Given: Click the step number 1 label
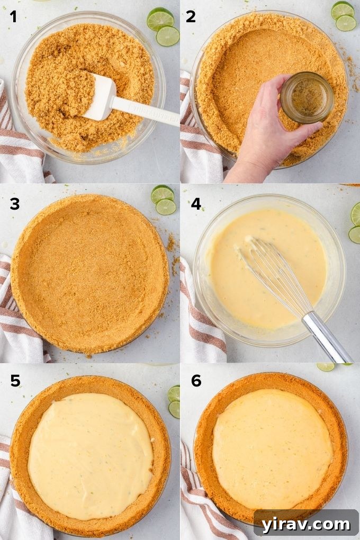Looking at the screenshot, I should (13, 17).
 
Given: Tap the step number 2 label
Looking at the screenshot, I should (191, 17).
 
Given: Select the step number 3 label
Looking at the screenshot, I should (14, 204).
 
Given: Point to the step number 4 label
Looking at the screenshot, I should (196, 204).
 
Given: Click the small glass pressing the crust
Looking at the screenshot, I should (307, 97).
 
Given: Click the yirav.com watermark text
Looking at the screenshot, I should (306, 524).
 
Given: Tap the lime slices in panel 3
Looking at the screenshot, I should (164, 200).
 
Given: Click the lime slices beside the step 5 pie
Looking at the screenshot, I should (174, 401).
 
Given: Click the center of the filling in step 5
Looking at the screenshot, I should (90, 455).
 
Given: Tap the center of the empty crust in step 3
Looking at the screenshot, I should (90, 273).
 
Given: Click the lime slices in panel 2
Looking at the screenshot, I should (344, 16).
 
